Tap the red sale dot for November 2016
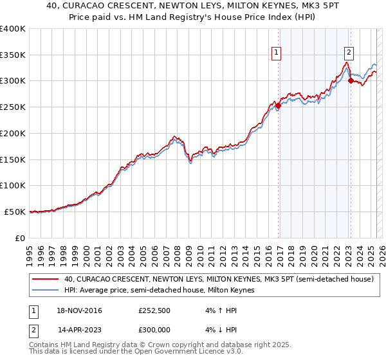pyautogui.click(x=278, y=106)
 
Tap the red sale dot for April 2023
pyautogui.click(x=351, y=81)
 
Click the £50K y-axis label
pyautogui.click(x=15, y=212)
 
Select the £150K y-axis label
pyautogui.click(x=12, y=159)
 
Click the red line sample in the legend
pyautogui.click(x=46, y=279)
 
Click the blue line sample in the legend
pyautogui.click(x=46, y=290)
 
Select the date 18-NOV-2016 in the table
pyautogui.click(x=79, y=311)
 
